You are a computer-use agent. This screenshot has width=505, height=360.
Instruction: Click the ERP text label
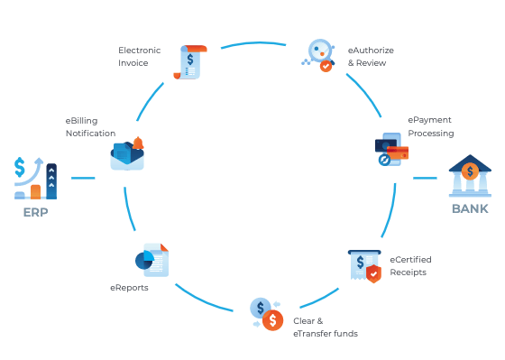[36, 213]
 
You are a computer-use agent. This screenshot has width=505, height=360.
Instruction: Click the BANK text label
[470, 208]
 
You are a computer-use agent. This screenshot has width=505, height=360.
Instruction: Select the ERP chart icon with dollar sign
[36, 178]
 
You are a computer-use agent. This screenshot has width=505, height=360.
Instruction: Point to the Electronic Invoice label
[140, 56]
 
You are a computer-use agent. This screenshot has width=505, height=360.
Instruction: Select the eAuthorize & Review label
[367, 58]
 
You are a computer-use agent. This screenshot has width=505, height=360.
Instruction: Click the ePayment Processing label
[430, 126]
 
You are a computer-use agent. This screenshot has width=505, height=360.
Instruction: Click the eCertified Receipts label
[409, 265]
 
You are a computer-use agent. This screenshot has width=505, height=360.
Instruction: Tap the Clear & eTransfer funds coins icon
[266, 313]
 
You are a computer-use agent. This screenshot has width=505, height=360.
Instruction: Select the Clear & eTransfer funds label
[325, 327]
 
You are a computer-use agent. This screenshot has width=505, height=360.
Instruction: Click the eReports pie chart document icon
[152, 260]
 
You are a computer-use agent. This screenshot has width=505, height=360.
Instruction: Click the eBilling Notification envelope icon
[127, 154]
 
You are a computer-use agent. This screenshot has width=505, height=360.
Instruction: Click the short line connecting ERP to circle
[83, 178]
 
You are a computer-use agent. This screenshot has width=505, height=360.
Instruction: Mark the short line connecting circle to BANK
[425, 178]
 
